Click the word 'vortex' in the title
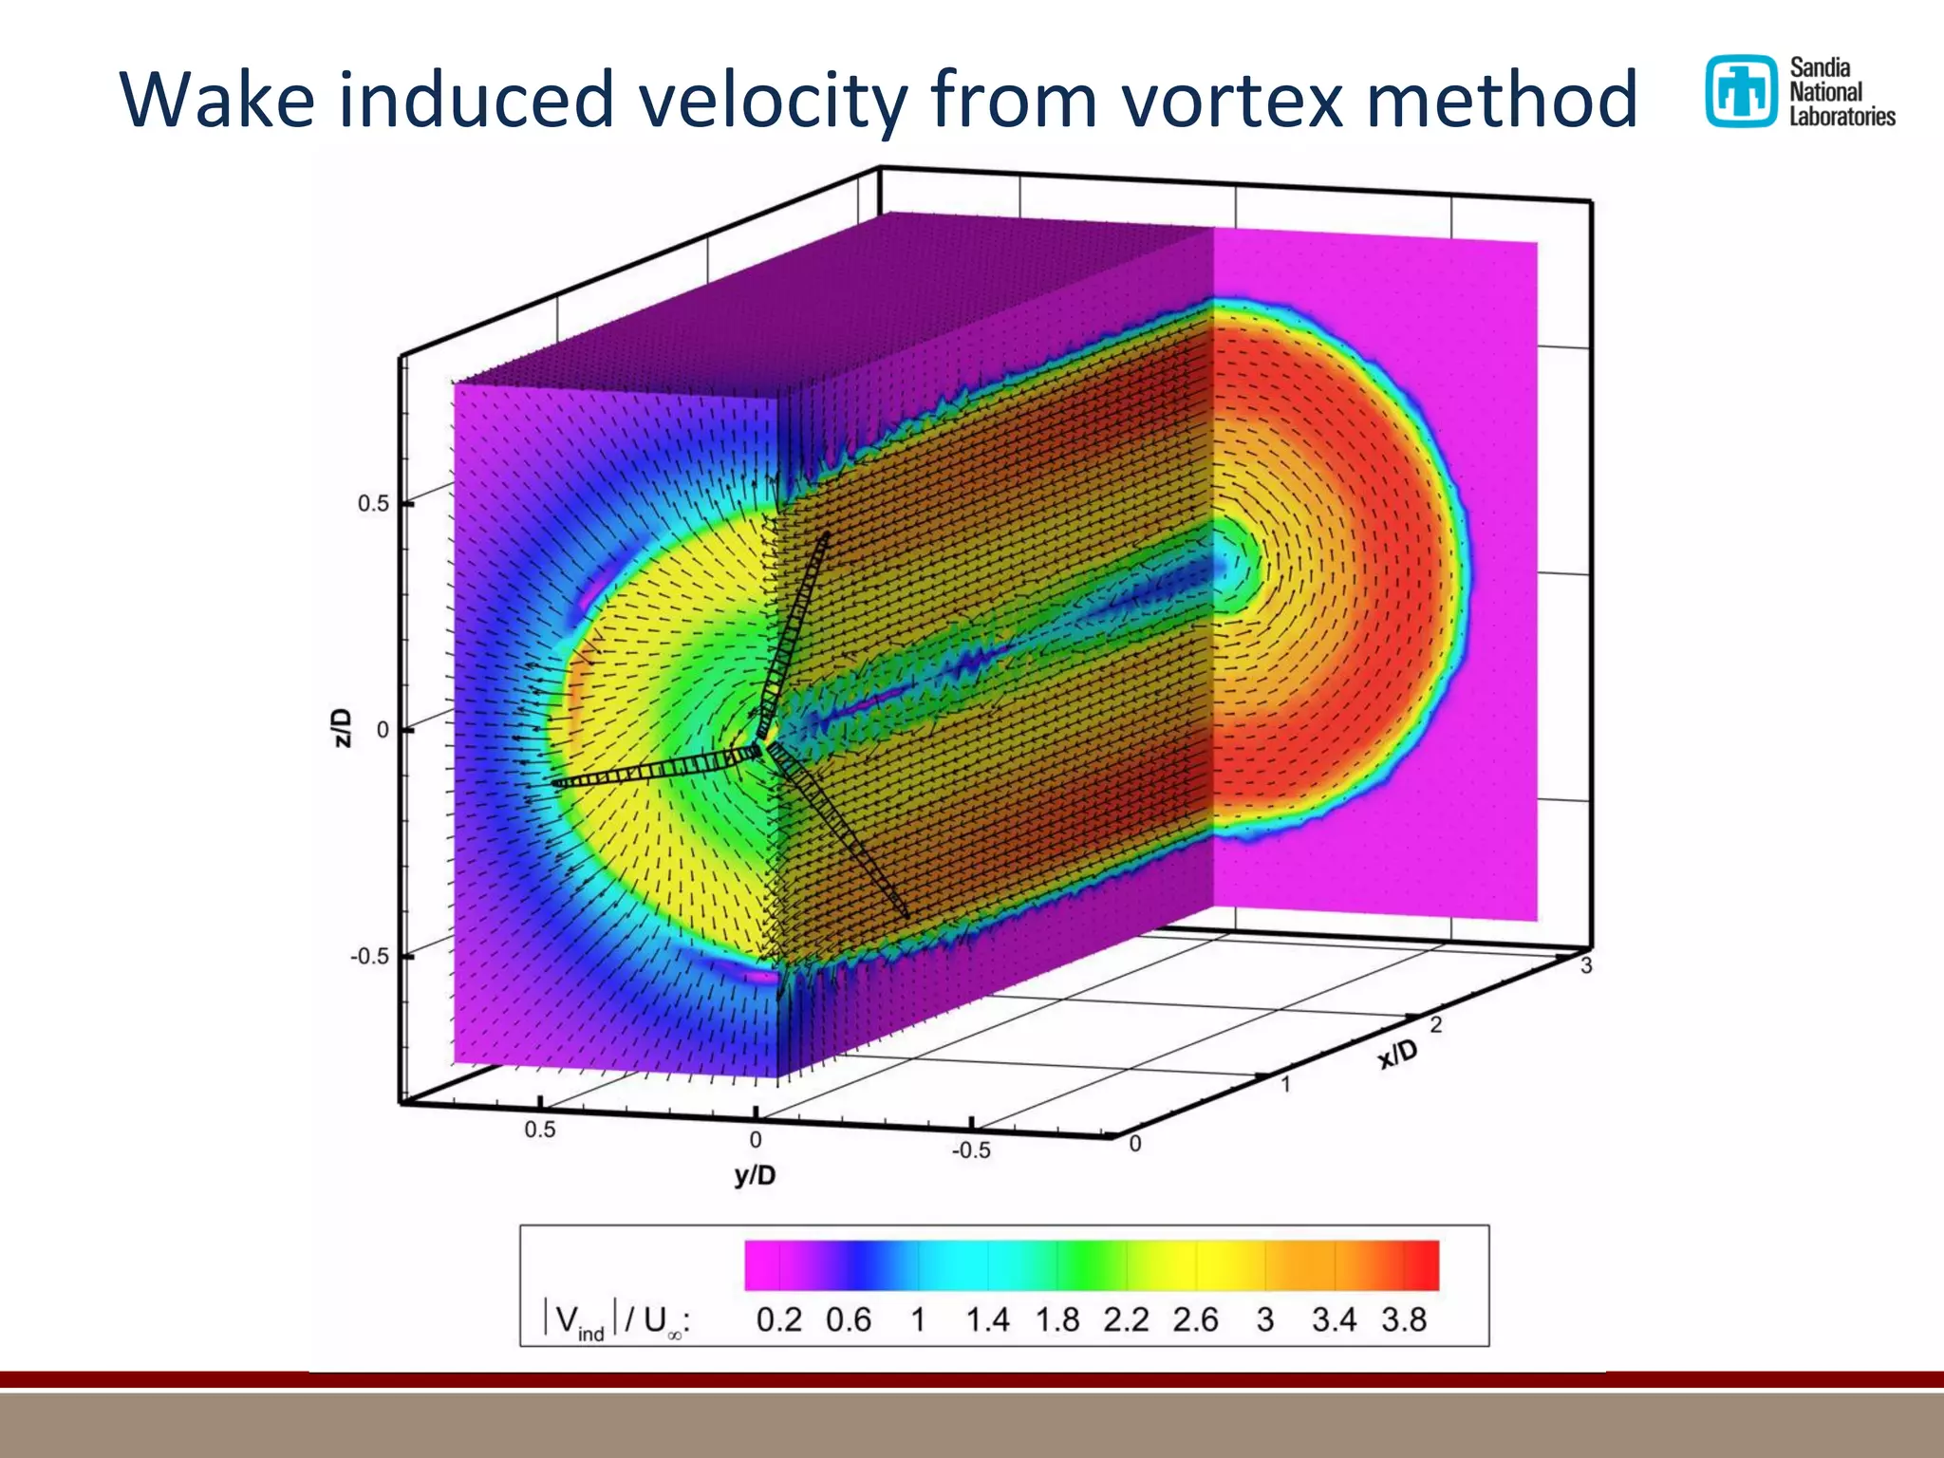pos(1234,100)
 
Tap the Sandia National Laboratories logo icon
pos(1740,91)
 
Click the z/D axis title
pos(344,728)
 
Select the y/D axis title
pos(755,1176)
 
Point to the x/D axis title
pos(1398,1054)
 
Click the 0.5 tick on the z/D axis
pos(373,504)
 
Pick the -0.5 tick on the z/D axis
pos(369,956)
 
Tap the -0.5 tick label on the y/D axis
pos(970,1150)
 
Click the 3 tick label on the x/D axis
pos(1586,966)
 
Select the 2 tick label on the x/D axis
pos(1436,1025)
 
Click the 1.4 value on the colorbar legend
pos(987,1319)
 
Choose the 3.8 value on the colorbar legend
pos(1404,1319)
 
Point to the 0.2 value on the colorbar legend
pos(778,1319)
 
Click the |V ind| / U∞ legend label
pos(615,1320)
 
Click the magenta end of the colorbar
pos(759,1265)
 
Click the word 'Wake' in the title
pos(216,100)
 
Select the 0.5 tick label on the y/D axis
pos(539,1130)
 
